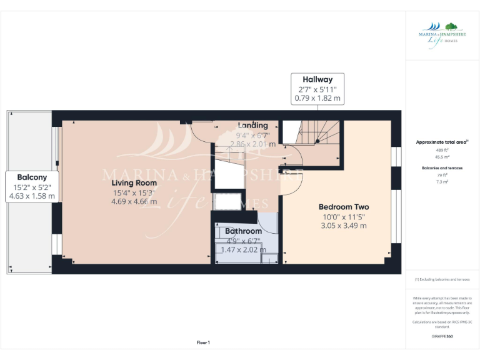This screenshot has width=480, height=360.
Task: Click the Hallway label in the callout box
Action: click(x=317, y=79)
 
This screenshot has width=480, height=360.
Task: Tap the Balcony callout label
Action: click(x=32, y=177)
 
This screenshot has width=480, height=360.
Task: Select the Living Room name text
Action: click(x=134, y=182)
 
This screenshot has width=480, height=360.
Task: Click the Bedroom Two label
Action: click(x=343, y=207)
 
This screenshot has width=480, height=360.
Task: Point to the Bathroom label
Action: click(x=243, y=231)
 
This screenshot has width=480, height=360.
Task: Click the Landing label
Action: click(x=252, y=126)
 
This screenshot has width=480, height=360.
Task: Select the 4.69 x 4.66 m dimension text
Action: click(x=134, y=201)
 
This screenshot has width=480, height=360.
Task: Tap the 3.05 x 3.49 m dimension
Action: click(x=343, y=226)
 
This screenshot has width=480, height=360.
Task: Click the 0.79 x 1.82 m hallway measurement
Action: click(x=317, y=98)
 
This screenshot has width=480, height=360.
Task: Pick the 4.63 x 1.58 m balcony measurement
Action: click(x=32, y=196)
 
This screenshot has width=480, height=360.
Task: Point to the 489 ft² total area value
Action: click(x=442, y=151)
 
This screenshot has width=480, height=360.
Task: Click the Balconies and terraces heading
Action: click(x=442, y=168)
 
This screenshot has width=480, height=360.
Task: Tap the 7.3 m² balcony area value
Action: click(x=442, y=181)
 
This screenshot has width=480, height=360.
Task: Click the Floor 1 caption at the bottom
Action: click(x=203, y=342)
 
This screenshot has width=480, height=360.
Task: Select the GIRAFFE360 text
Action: click(x=442, y=336)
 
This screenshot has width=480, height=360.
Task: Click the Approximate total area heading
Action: click(x=442, y=142)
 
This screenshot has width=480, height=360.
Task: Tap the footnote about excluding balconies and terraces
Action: click(x=442, y=279)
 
